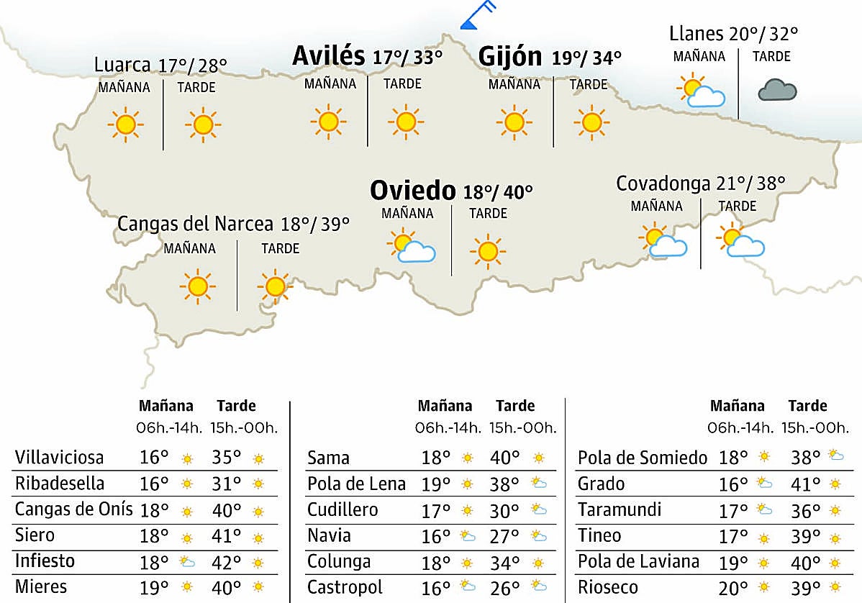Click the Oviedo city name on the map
(412, 191)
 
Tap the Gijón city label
(510, 56)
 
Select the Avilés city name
(329, 56)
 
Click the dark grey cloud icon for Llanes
(777, 91)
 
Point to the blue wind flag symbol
(477, 15)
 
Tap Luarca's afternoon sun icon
(203, 125)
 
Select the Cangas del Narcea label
(195, 224)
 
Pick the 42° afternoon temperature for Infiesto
(226, 561)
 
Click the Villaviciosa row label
(59, 458)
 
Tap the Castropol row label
(345, 587)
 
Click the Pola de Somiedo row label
(643, 458)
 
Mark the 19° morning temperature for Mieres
(153, 588)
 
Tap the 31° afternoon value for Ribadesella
(226, 484)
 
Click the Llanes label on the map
(696, 34)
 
